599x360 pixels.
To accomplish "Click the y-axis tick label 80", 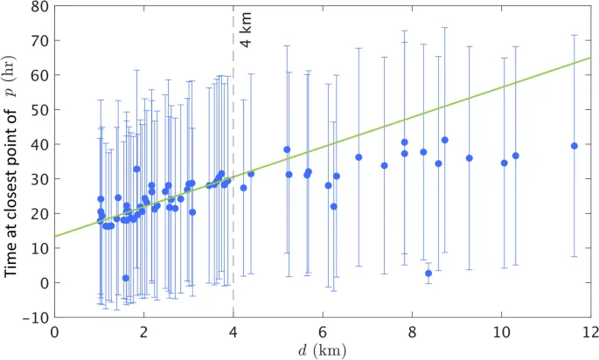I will (39, 6).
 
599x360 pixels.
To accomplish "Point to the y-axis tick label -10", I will (37, 317).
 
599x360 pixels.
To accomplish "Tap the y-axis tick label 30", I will (39, 179).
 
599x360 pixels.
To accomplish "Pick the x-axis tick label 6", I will (323, 332).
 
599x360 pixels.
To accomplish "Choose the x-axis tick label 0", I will (55, 332).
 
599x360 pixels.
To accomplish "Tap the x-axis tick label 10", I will (501, 332).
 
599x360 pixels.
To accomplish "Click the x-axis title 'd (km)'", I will (323, 350).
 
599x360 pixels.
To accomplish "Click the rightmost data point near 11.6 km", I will (575, 146).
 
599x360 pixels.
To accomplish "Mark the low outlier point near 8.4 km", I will (428, 273).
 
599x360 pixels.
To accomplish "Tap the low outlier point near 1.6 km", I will (126, 278).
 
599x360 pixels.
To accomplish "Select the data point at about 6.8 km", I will (359, 157).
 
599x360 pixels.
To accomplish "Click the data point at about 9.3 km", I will (470, 158).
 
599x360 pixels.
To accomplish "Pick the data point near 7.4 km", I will (385, 165).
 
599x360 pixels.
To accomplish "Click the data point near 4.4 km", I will (251, 174).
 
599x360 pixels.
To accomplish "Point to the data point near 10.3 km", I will (516, 156).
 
